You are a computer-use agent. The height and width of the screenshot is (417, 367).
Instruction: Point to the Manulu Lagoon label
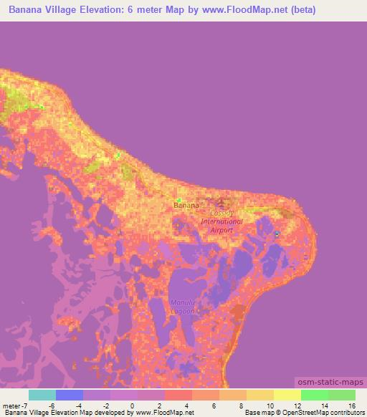[183, 306]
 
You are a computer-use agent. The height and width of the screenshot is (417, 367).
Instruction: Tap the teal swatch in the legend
[42, 395]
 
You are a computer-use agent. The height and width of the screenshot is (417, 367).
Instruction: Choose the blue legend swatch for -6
[69, 395]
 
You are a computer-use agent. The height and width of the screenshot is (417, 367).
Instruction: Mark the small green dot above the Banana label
[178, 199]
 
